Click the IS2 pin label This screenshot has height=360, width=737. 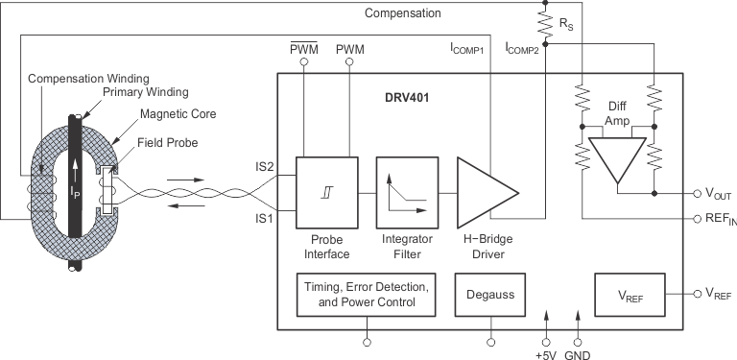point(265,167)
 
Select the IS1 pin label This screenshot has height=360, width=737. point(265,219)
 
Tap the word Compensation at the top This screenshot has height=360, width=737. point(403,13)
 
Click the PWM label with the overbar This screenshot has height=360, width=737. point(303,48)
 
